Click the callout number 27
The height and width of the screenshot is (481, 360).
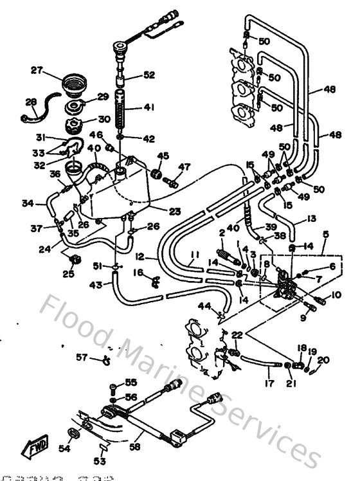36,69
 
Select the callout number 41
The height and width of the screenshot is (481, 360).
148,109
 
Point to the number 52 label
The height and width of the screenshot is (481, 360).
148,75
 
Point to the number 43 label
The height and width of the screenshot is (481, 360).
95,284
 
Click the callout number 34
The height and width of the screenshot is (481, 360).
27,204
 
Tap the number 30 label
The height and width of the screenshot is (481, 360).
104,119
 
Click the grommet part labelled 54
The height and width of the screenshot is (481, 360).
71,431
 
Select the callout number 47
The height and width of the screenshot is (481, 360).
184,167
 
